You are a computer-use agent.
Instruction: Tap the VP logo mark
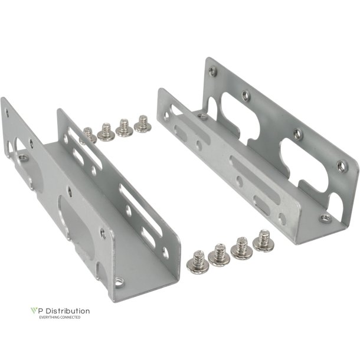[34, 310]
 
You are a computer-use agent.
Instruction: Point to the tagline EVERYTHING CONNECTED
[60, 318]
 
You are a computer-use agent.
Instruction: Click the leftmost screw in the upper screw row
[89, 135]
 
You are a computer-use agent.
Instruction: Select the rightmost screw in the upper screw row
[142, 124]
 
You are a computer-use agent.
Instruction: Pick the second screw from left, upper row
[106, 132]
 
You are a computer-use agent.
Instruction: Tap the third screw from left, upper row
[124, 127]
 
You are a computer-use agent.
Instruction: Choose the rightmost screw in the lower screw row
[263, 241]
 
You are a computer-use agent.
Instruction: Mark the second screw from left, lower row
[218, 255]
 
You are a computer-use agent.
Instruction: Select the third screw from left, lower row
[241, 248]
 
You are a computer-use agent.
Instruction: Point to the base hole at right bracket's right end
[325, 218]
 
